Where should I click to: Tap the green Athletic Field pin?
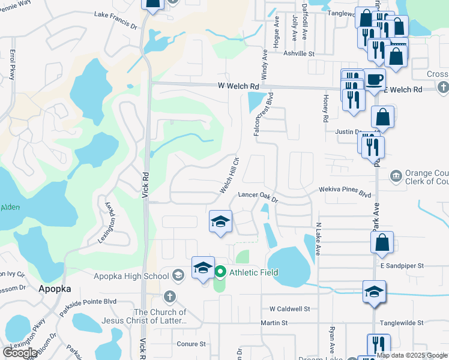pyautogui.click(x=220, y=272)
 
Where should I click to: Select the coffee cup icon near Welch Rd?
pyautogui.click(x=375, y=79)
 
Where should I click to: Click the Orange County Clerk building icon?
pyautogui.click(x=396, y=176)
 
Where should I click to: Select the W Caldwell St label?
pyautogui.click(x=289, y=309)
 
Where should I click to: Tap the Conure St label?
pyautogui.click(x=191, y=344)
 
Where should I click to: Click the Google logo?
pyautogui.click(x=20, y=353)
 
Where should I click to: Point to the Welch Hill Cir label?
pyautogui.click(x=229, y=175)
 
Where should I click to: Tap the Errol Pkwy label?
pyautogui.click(x=12, y=65)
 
